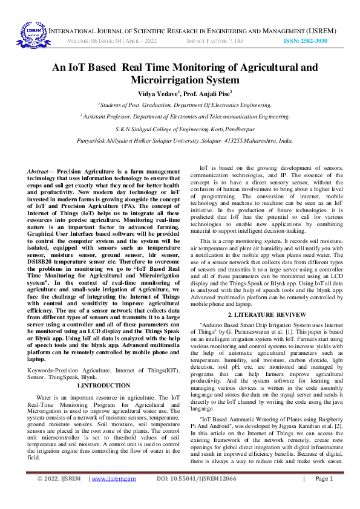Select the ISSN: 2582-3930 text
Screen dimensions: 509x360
pos(306,41)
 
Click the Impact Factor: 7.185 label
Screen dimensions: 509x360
pos(215,41)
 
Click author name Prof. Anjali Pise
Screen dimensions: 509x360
pos(208,94)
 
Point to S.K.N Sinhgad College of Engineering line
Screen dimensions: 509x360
pos(180,129)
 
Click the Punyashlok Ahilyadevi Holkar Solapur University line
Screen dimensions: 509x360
pos(180,140)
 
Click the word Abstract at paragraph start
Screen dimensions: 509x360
pos(39,172)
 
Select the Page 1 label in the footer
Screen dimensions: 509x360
pos(324,495)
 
